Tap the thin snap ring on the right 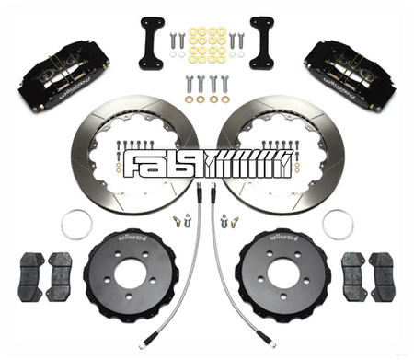338,222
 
